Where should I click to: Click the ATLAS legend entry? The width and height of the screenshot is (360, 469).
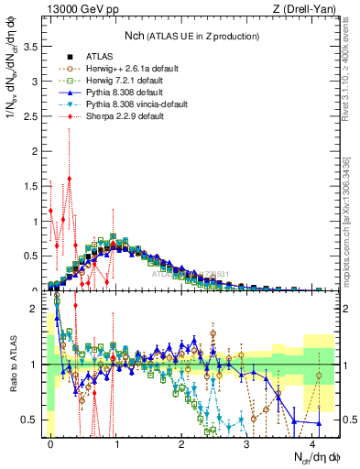[99, 56]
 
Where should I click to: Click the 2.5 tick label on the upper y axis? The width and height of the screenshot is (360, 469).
[32, 116]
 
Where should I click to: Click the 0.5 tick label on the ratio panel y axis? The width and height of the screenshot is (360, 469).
[32, 420]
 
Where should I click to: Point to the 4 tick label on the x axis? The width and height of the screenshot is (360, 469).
[312, 442]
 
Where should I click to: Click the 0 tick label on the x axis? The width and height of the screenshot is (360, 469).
[50, 442]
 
